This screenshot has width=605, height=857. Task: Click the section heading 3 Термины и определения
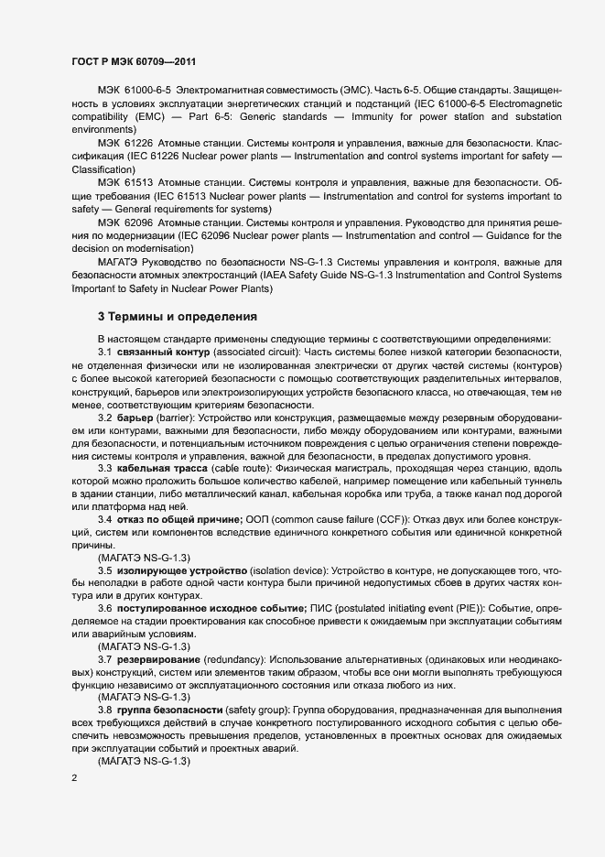(x=178, y=317)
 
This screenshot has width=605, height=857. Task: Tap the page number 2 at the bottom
(x=74, y=778)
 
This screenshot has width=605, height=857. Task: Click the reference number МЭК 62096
(x=126, y=222)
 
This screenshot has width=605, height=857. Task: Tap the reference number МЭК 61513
(x=126, y=183)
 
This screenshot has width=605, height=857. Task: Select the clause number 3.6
(x=104, y=608)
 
